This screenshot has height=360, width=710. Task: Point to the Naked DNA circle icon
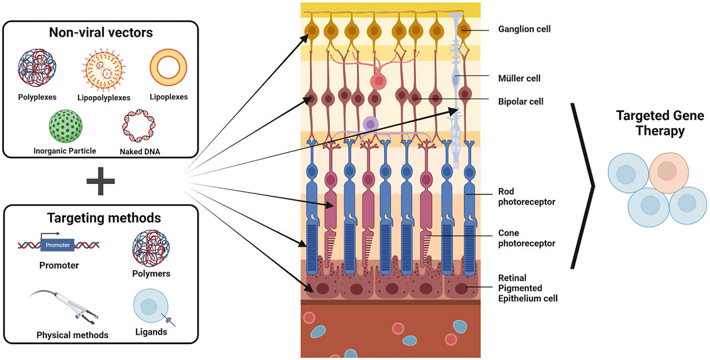point(141,125)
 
